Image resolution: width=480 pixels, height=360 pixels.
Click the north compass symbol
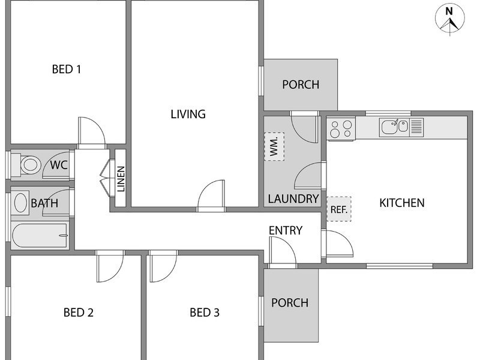click(449, 19)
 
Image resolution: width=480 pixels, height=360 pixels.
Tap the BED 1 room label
click(67, 69)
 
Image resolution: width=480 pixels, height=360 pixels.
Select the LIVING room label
click(188, 114)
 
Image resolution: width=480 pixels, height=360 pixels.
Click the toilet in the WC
click(26, 164)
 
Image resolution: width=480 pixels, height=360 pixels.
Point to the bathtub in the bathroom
click(40, 235)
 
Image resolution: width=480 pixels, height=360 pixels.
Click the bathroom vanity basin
click(20, 203)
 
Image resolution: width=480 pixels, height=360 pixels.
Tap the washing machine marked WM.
click(274, 146)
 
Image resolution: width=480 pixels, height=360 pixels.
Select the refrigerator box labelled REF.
click(339, 209)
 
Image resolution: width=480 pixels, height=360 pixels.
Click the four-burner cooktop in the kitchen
click(341, 129)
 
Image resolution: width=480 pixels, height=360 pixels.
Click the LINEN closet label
click(121, 179)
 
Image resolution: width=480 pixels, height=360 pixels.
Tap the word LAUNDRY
click(293, 199)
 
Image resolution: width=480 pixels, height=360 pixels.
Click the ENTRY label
click(286, 230)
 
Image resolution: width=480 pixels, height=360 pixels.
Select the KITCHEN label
click(402, 203)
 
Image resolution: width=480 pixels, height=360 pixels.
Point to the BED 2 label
click(79, 313)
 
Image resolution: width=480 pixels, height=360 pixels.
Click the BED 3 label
click(205, 313)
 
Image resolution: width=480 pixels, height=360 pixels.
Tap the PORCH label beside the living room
click(301, 85)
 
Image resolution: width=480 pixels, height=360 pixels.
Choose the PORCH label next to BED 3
click(290, 303)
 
